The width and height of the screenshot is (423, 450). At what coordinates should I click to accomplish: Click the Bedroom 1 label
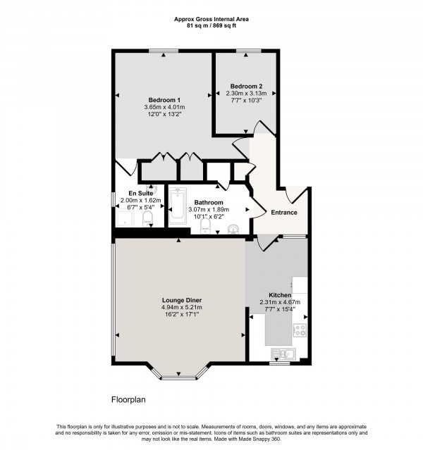click(x=164, y=99)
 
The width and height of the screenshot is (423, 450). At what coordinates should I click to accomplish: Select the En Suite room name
click(x=140, y=193)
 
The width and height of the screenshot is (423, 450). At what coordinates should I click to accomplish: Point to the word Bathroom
click(x=209, y=201)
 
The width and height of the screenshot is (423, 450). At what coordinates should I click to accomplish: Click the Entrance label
click(x=284, y=213)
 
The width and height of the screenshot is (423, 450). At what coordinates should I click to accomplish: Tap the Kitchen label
click(x=280, y=295)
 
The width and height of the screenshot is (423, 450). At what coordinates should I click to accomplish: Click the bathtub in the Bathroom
click(x=176, y=206)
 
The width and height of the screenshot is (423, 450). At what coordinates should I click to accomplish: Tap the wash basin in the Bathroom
click(x=234, y=227)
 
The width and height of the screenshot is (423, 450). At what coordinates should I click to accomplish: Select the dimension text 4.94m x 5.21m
click(x=182, y=307)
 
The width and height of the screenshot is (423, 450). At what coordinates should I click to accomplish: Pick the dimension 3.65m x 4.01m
click(x=164, y=107)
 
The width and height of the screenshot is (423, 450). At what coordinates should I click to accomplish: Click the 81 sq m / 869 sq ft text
click(x=211, y=25)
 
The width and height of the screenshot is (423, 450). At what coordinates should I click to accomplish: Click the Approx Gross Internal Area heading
click(x=211, y=19)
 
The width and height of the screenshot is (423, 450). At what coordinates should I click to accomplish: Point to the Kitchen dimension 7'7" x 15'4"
click(x=280, y=311)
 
